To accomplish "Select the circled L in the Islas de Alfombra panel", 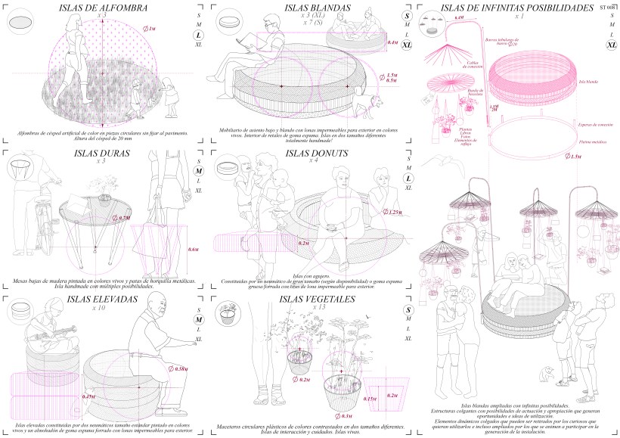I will pos(198,35).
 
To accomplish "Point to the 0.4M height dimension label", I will pos(392,43).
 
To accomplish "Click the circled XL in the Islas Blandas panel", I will pos(408,45).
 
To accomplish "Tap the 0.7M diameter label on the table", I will pos(125,218).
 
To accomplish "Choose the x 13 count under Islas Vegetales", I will pos(312,308).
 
